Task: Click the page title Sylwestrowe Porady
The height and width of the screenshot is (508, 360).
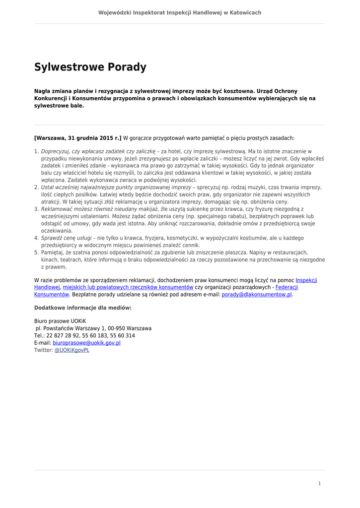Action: (x=90, y=67)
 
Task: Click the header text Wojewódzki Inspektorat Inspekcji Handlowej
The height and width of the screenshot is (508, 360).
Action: (x=179, y=12)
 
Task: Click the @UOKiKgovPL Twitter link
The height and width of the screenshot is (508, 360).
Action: (x=72, y=350)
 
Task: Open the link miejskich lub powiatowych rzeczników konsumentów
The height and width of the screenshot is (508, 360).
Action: (x=128, y=287)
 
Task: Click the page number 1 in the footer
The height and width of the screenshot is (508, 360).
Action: (x=319, y=483)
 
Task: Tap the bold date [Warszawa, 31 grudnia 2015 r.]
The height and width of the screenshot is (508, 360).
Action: (x=78, y=137)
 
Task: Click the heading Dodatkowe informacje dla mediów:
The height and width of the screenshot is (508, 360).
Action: (x=83, y=308)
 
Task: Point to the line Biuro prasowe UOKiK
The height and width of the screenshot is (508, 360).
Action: (x=60, y=321)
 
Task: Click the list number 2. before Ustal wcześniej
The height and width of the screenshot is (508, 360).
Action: (x=36, y=188)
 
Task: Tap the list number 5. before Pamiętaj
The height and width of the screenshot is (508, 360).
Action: (x=36, y=253)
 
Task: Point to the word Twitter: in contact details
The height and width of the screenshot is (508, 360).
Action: (x=43, y=350)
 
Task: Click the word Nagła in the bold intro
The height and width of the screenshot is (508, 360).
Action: (x=43, y=91)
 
